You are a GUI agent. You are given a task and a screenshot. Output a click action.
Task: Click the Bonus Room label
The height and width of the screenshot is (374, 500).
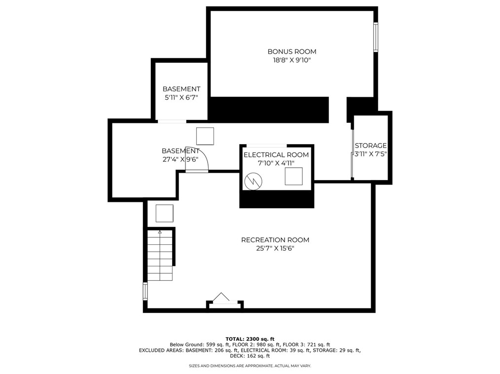[292, 51]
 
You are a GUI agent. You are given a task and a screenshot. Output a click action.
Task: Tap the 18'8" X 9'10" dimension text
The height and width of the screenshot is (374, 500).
[292, 60]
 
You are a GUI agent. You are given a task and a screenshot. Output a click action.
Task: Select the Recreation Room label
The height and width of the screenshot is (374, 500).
[275, 240]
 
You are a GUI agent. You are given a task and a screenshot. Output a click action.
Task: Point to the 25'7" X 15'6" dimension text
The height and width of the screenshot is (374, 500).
[275, 249]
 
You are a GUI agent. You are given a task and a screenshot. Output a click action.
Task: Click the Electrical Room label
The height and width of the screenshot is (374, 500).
[276, 155]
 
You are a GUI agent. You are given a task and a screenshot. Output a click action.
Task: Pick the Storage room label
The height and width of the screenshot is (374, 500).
[371, 146]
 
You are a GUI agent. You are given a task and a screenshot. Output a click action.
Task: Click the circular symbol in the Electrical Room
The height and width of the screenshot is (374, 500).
[253, 181]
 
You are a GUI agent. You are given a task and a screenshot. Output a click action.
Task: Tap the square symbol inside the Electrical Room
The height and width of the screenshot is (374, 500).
[293, 176]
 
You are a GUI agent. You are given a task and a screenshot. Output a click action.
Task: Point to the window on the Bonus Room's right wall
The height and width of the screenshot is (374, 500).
[375, 37]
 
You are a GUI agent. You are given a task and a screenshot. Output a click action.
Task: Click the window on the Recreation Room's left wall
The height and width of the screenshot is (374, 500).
[145, 291]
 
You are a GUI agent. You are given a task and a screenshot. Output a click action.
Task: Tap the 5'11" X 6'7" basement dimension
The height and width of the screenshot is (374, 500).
[181, 98]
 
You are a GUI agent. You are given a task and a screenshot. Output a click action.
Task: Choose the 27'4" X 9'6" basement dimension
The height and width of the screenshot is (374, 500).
[180, 159]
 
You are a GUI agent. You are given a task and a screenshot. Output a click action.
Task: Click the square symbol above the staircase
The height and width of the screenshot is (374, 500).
[164, 213]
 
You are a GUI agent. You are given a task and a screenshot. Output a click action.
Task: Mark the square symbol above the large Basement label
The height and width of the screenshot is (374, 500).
[205, 136]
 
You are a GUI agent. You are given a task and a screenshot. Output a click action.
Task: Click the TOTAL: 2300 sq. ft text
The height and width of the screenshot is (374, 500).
[250, 339]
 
